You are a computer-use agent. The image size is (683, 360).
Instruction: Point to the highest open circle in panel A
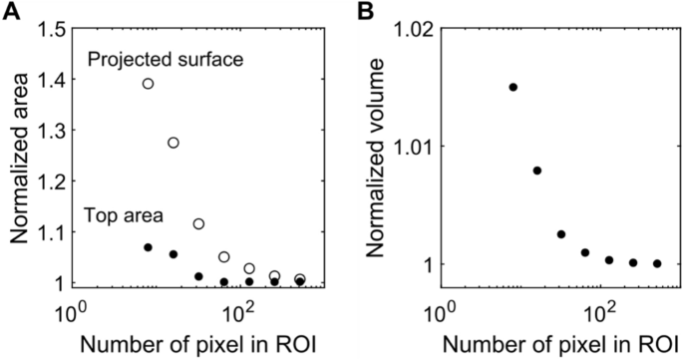pyautogui.click(x=148, y=84)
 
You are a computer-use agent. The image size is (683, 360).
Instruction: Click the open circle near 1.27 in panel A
pyautogui.click(x=173, y=143)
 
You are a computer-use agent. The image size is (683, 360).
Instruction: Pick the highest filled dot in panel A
pyautogui.click(x=148, y=247)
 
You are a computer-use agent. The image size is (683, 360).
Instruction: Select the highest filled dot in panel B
pyautogui.click(x=512, y=87)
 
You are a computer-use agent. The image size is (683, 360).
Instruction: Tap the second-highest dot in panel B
pyautogui.click(x=537, y=171)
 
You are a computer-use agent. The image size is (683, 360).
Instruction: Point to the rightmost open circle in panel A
pyautogui.click(x=300, y=279)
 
